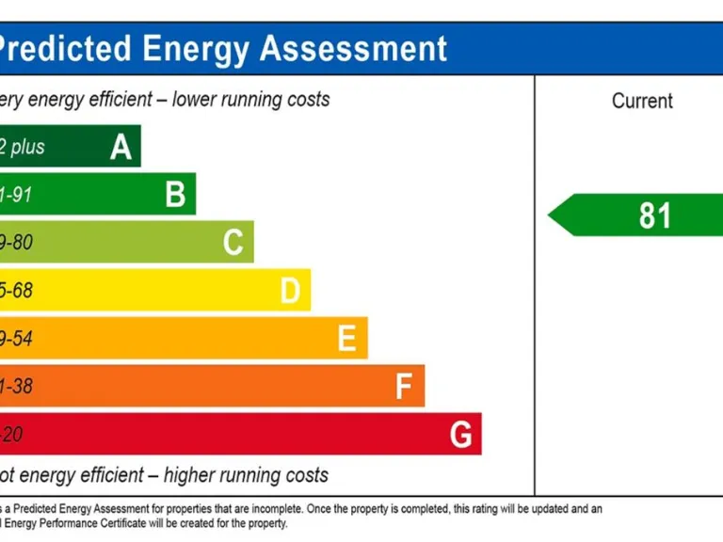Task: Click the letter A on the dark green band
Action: (120, 147)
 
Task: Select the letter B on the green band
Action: (175, 195)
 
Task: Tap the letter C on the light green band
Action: (233, 243)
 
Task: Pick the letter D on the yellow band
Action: (290, 291)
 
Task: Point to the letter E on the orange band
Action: (346, 339)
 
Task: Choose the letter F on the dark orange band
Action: (404, 387)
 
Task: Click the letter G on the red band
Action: (460, 435)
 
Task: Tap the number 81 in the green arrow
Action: (655, 215)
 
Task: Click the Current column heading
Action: (642, 101)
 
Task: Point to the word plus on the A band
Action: (28, 148)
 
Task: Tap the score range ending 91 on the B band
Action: (16, 196)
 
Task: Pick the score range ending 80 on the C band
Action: (16, 243)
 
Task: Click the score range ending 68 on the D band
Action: (16, 291)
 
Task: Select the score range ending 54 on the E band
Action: (16, 339)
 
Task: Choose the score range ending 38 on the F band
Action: (16, 387)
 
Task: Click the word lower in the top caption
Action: (195, 99)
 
